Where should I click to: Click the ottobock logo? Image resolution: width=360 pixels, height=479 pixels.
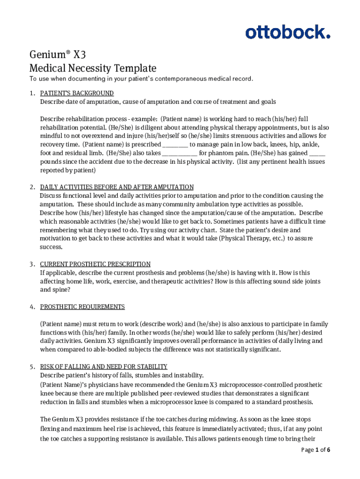(288, 32)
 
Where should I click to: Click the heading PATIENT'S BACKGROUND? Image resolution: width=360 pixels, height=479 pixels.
(77, 93)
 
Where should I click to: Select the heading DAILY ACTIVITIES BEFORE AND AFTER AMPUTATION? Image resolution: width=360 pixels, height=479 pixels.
(117, 187)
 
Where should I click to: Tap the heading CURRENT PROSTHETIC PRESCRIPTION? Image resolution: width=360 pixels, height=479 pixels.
(95, 264)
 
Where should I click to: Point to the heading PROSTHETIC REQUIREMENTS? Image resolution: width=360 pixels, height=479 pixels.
(82, 307)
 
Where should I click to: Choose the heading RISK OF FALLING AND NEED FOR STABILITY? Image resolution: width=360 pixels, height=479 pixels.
(104, 367)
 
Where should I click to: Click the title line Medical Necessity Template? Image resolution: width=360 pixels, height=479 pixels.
(93, 68)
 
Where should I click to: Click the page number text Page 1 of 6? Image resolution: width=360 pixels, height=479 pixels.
(316, 450)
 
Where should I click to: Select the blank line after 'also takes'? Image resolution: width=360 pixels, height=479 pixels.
(180, 153)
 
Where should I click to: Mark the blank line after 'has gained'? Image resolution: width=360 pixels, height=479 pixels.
(317, 153)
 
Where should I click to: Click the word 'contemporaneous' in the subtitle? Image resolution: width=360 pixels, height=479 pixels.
(180, 79)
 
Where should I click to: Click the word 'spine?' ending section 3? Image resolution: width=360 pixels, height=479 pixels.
(62, 290)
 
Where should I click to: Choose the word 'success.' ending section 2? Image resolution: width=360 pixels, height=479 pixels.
(51, 247)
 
